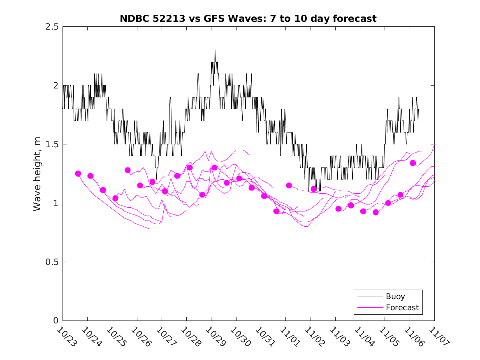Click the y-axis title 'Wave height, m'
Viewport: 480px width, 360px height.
(37, 174)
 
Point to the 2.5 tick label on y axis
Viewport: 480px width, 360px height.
(52, 27)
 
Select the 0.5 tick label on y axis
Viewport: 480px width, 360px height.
(52, 262)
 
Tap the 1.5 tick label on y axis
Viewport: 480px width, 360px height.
(52, 144)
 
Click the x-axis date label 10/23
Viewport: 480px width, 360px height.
(65, 337)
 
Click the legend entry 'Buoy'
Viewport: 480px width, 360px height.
(395, 297)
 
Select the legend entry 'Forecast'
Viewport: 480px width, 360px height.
(402, 307)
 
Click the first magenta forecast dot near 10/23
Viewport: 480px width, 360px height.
(78, 174)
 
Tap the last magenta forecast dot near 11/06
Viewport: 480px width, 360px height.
(413, 163)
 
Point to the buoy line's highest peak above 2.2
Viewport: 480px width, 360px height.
(215, 51)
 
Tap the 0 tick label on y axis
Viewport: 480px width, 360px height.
(56, 321)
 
